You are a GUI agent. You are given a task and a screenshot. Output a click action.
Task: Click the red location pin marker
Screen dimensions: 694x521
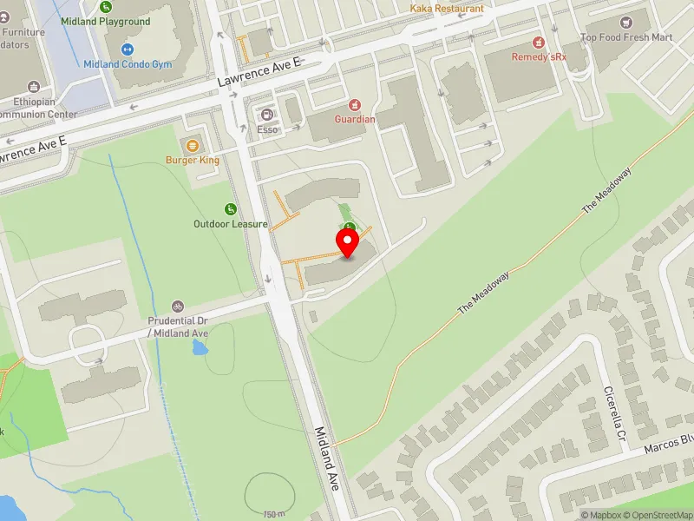pos(348,242)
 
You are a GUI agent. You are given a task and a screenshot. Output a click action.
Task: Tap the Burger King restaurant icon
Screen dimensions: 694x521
pos(192,145)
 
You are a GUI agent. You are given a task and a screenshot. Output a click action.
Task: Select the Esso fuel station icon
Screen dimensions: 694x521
pos(266,114)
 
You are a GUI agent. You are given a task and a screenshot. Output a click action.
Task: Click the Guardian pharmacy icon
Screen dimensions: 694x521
pos(355,104)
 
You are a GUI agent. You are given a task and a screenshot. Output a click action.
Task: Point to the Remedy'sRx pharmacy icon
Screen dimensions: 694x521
pos(537,42)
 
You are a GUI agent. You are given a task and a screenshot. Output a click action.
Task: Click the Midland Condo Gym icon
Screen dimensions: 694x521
pos(127,49)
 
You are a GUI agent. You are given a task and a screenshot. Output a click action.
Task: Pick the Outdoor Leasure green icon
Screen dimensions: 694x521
pos(230,208)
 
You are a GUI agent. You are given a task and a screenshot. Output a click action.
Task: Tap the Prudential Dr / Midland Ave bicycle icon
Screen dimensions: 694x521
pos(177,307)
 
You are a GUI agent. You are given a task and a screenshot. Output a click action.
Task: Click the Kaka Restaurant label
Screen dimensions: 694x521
pos(447,9)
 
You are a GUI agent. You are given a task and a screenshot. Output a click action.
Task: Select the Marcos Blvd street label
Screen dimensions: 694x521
pos(669,445)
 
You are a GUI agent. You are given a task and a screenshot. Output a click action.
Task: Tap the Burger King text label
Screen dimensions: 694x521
pos(193,160)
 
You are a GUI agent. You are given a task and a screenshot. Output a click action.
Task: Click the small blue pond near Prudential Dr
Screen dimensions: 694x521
pos(200,348)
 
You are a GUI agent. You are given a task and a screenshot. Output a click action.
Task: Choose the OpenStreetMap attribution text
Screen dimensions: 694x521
pos(657,515)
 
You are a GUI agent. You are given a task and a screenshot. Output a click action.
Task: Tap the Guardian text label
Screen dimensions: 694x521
pos(356,119)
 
